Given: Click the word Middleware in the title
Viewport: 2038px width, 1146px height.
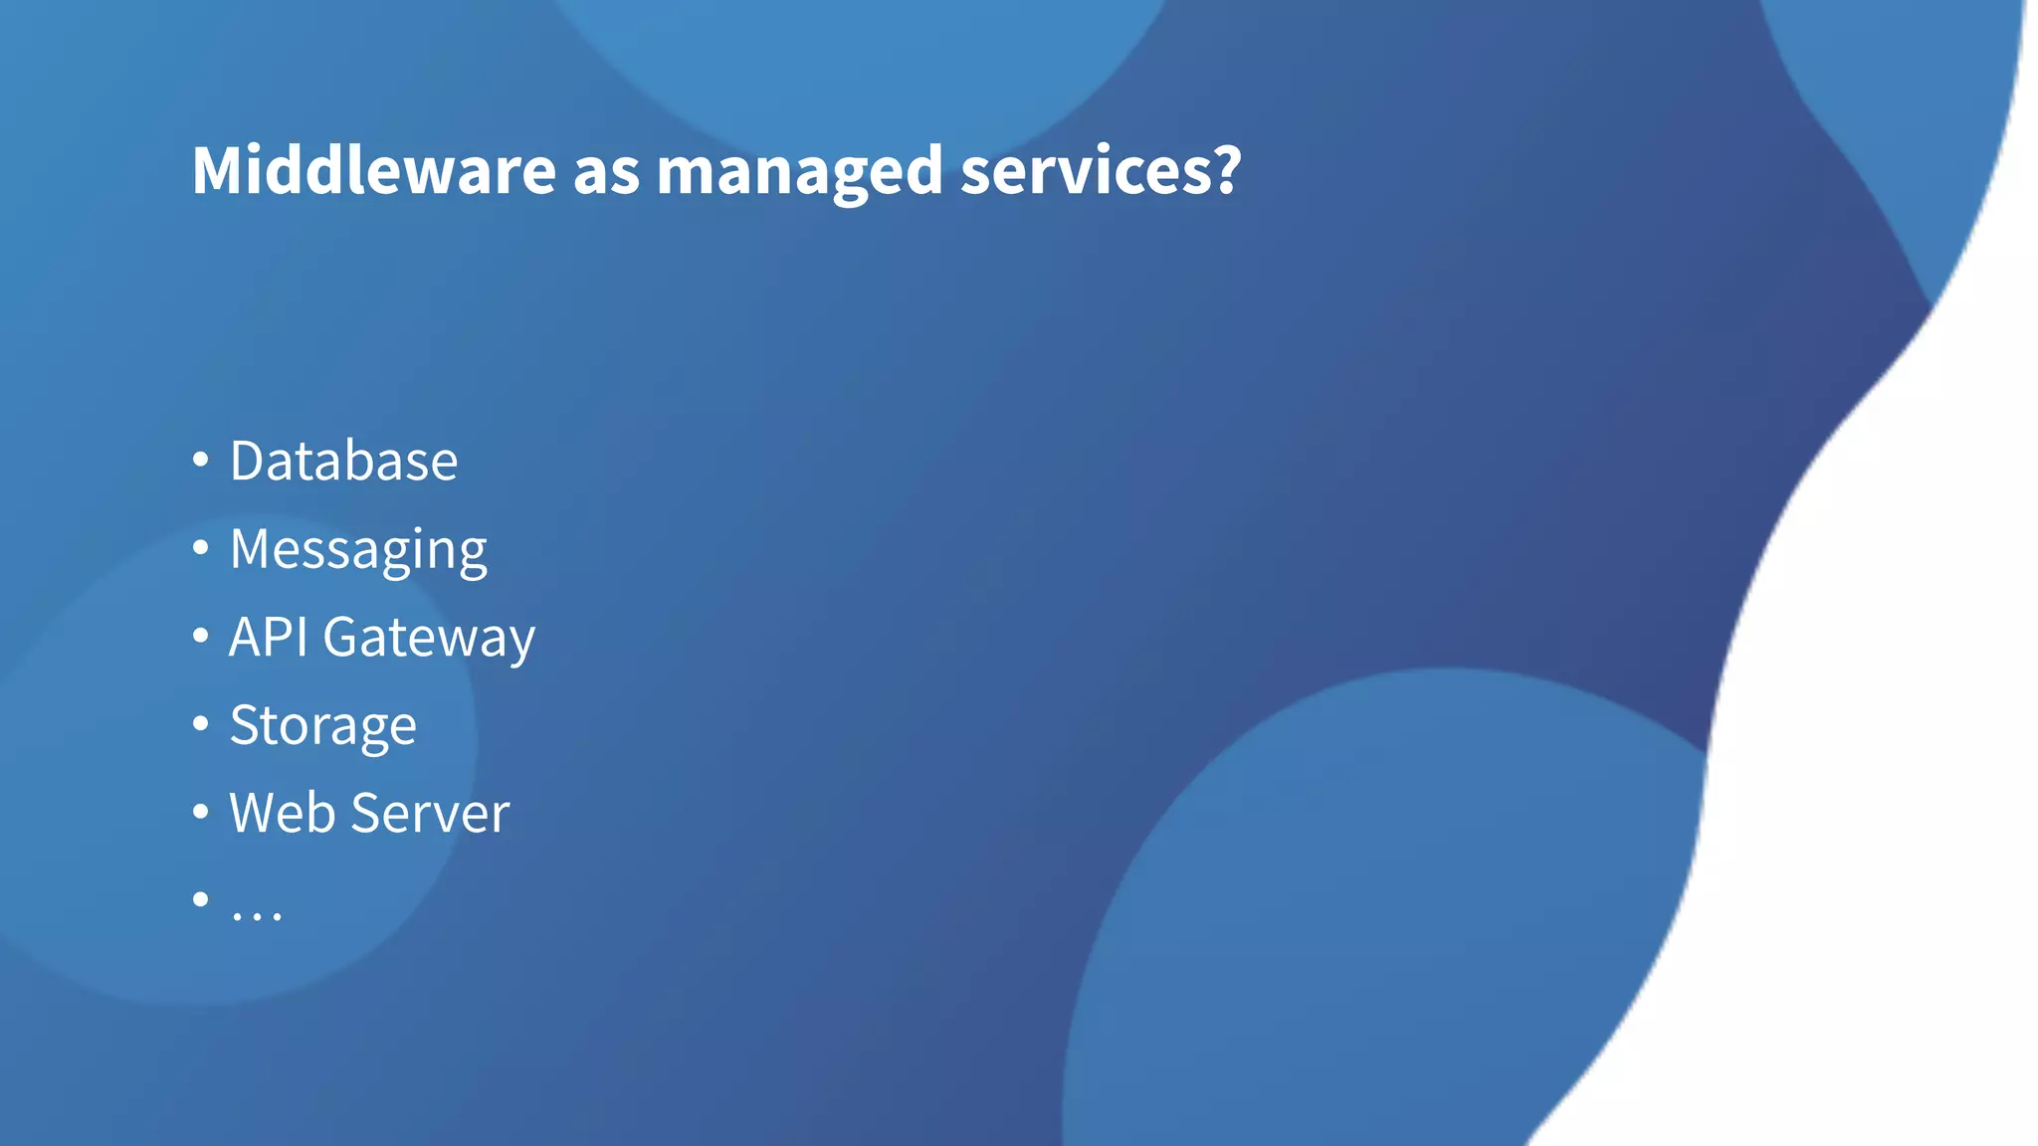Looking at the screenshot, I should point(373,170).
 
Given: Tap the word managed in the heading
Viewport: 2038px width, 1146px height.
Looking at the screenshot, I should point(798,172).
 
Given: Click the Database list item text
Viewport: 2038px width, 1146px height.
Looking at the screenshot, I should point(343,461).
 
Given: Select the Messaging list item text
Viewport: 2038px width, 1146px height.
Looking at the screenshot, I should point(358,550).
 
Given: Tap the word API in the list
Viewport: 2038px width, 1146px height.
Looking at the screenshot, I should point(268,637).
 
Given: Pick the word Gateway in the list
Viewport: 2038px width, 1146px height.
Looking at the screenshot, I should point(429,639).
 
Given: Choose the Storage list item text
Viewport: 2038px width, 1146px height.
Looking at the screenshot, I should point(322,726).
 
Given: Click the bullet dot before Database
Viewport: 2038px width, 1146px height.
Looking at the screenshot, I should point(201,460).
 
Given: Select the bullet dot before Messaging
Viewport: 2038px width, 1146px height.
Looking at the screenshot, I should point(201,547).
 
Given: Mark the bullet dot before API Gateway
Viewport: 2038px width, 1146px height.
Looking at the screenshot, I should point(201,635).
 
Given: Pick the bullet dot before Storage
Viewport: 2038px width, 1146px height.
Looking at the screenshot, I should point(201,723).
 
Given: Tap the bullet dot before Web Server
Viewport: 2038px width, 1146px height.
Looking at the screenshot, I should point(201,811).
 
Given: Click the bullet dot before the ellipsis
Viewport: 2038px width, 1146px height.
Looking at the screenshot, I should point(201,899).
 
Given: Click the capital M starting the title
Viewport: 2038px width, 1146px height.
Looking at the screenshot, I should point(217,170).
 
